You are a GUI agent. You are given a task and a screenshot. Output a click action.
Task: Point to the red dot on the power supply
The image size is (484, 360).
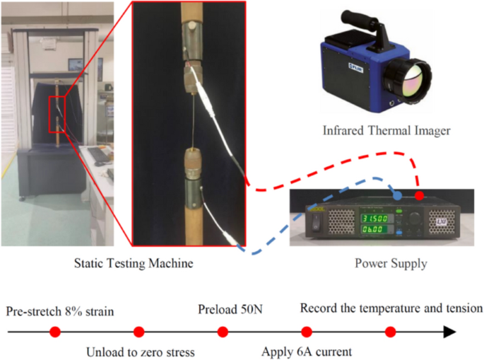pyautogui.click(x=420, y=195)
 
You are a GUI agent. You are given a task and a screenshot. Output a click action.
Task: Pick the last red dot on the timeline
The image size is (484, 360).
pyautogui.click(x=390, y=331)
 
